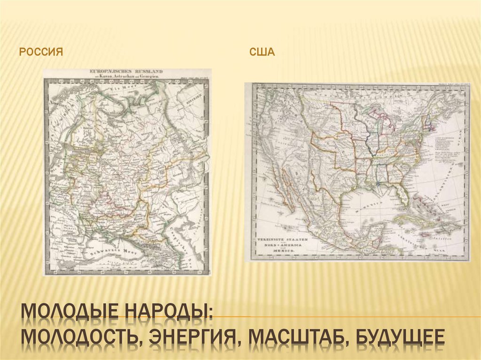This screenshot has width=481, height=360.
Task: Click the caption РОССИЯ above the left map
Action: coord(41,52)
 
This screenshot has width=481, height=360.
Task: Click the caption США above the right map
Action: coord(262,52)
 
